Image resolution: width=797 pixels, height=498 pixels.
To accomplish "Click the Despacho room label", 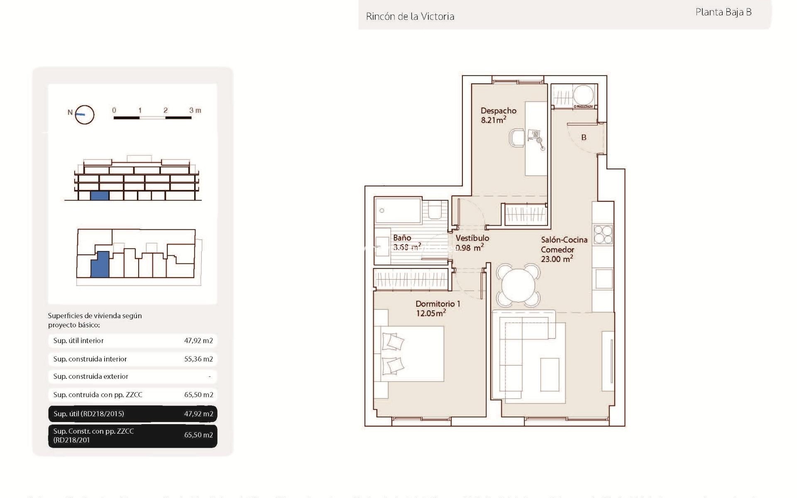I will [498, 111].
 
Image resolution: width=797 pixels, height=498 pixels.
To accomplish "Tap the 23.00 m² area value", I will [557, 259].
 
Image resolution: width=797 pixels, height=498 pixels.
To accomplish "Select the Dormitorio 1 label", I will [438, 304].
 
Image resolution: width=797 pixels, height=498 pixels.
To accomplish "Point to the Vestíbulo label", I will [472, 238].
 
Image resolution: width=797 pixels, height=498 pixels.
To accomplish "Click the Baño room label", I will [402, 238].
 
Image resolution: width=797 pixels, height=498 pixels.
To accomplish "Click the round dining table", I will [518, 285].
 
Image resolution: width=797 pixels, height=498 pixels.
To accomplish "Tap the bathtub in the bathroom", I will [398, 211].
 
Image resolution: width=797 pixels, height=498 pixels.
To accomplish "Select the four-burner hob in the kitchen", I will [603, 234].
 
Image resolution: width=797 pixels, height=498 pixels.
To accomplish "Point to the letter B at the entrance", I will [584, 137].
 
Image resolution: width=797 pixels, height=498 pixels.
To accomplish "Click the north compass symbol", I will [84, 114].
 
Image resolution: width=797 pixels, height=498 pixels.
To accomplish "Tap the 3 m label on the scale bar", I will [195, 110].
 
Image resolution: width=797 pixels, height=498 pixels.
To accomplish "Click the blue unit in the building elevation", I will [100, 196].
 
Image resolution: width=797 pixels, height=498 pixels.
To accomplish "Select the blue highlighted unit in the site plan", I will [100, 265].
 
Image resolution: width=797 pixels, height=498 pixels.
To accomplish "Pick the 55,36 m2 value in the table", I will [198, 359].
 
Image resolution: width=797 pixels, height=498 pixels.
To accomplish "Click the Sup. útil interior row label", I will [78, 341].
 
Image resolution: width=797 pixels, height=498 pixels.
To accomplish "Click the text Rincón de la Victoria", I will [410, 17].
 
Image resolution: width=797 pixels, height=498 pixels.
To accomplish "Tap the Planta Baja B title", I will [723, 12].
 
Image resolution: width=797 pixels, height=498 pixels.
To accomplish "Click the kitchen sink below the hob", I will [604, 278].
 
